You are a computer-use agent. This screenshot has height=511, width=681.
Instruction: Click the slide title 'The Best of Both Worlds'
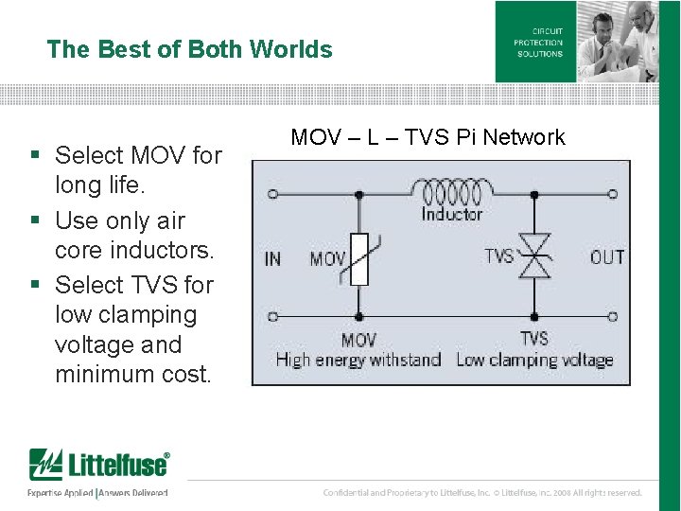[189, 49]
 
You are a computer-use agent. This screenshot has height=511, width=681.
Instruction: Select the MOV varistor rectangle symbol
[358, 257]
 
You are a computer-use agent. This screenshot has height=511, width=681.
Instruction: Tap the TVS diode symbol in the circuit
[534, 256]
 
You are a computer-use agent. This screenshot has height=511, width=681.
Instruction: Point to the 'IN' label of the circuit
[272, 258]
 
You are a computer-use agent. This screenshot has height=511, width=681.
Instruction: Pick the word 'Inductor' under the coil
[451, 215]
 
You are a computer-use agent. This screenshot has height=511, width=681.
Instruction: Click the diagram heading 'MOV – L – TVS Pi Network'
[428, 137]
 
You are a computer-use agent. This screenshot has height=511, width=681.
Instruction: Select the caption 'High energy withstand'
[358, 360]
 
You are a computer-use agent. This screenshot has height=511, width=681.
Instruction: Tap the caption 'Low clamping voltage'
[534, 360]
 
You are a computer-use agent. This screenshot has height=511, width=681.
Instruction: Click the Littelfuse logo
[99, 466]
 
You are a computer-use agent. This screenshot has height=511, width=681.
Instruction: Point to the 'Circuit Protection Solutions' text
[538, 43]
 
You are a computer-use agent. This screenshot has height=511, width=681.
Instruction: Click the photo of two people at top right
[618, 41]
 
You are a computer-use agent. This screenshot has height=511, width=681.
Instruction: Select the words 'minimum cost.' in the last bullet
[132, 374]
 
